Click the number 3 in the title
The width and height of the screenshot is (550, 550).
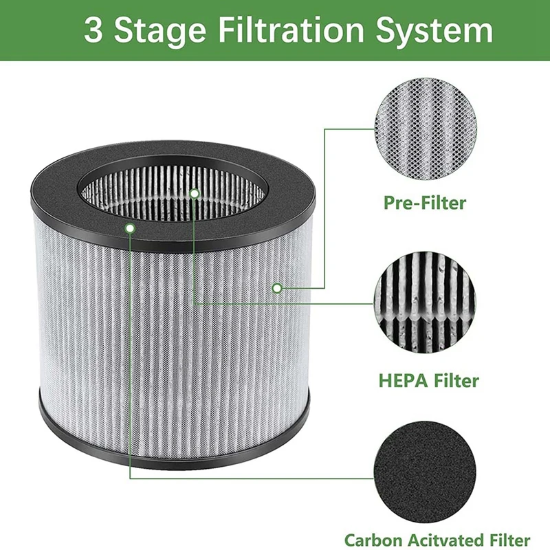(x=95, y=32)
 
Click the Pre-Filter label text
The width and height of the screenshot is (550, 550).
(x=424, y=203)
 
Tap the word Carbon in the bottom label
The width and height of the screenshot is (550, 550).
(x=374, y=540)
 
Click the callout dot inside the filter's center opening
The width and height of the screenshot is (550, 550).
(x=195, y=194)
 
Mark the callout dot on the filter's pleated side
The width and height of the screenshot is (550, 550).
(x=276, y=288)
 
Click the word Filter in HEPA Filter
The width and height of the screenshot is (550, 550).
(x=454, y=380)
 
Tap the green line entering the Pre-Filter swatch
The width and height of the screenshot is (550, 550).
(x=351, y=128)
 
